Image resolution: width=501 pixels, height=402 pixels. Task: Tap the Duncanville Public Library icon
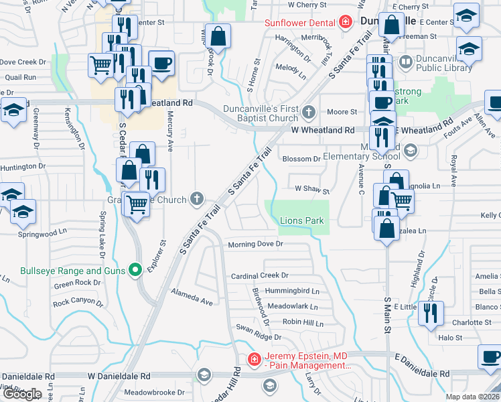[406, 63]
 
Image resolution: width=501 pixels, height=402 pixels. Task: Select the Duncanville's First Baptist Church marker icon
[309, 111]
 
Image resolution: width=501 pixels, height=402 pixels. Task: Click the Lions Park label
[301, 220]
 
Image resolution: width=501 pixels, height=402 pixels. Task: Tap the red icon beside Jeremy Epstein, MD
[254, 360]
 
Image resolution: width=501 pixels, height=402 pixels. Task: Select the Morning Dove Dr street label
[256, 245]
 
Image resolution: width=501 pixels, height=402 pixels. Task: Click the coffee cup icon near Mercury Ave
[161, 64]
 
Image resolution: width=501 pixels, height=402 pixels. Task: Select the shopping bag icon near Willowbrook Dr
[218, 36]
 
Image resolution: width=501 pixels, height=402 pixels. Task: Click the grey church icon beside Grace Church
[196, 198]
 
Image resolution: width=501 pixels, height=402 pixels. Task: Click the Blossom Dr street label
[302, 159]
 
